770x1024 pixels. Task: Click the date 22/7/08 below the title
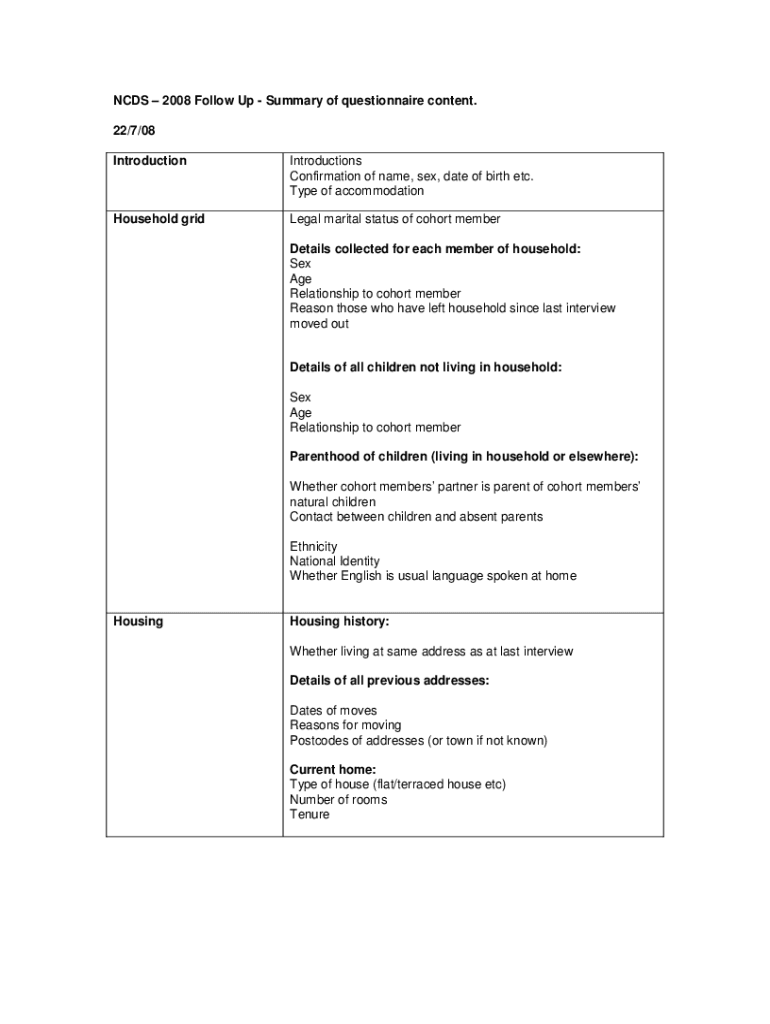(133, 131)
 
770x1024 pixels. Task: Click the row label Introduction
(150, 161)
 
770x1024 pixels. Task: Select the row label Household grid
(159, 219)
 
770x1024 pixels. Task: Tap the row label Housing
(138, 622)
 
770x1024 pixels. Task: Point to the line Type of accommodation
(357, 191)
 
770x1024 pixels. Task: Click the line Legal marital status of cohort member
(395, 219)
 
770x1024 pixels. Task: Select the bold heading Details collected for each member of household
(435, 249)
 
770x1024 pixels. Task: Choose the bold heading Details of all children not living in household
(426, 368)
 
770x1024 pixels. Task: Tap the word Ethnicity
(314, 547)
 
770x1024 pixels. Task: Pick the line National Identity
(335, 562)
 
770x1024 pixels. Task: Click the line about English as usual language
(433, 576)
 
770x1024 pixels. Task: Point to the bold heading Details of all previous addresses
(390, 681)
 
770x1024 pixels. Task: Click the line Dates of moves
(334, 711)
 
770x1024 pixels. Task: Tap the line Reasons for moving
(346, 725)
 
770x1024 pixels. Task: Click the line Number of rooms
(339, 800)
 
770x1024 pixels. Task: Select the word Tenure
(310, 815)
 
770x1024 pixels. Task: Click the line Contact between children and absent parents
(417, 517)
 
